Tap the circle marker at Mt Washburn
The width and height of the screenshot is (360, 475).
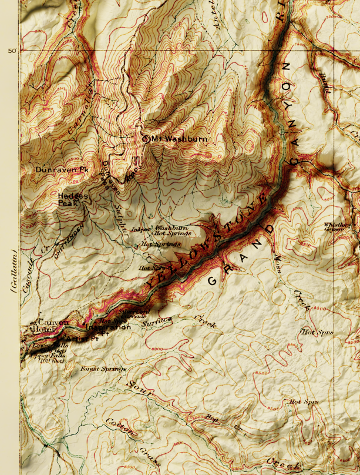pos(146,139)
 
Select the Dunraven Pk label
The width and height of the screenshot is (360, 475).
pos(61,169)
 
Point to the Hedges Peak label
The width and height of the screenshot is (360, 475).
pos(72,199)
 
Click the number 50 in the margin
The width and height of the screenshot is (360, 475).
pos(12,51)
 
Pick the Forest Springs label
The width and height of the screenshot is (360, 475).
pos(103,369)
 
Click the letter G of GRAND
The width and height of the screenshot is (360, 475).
pos(211,281)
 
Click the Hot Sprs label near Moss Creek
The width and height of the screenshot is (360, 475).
pos(317,332)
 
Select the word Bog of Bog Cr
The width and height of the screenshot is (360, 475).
pos(212,418)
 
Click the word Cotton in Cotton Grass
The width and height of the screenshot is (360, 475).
pos(121,428)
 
